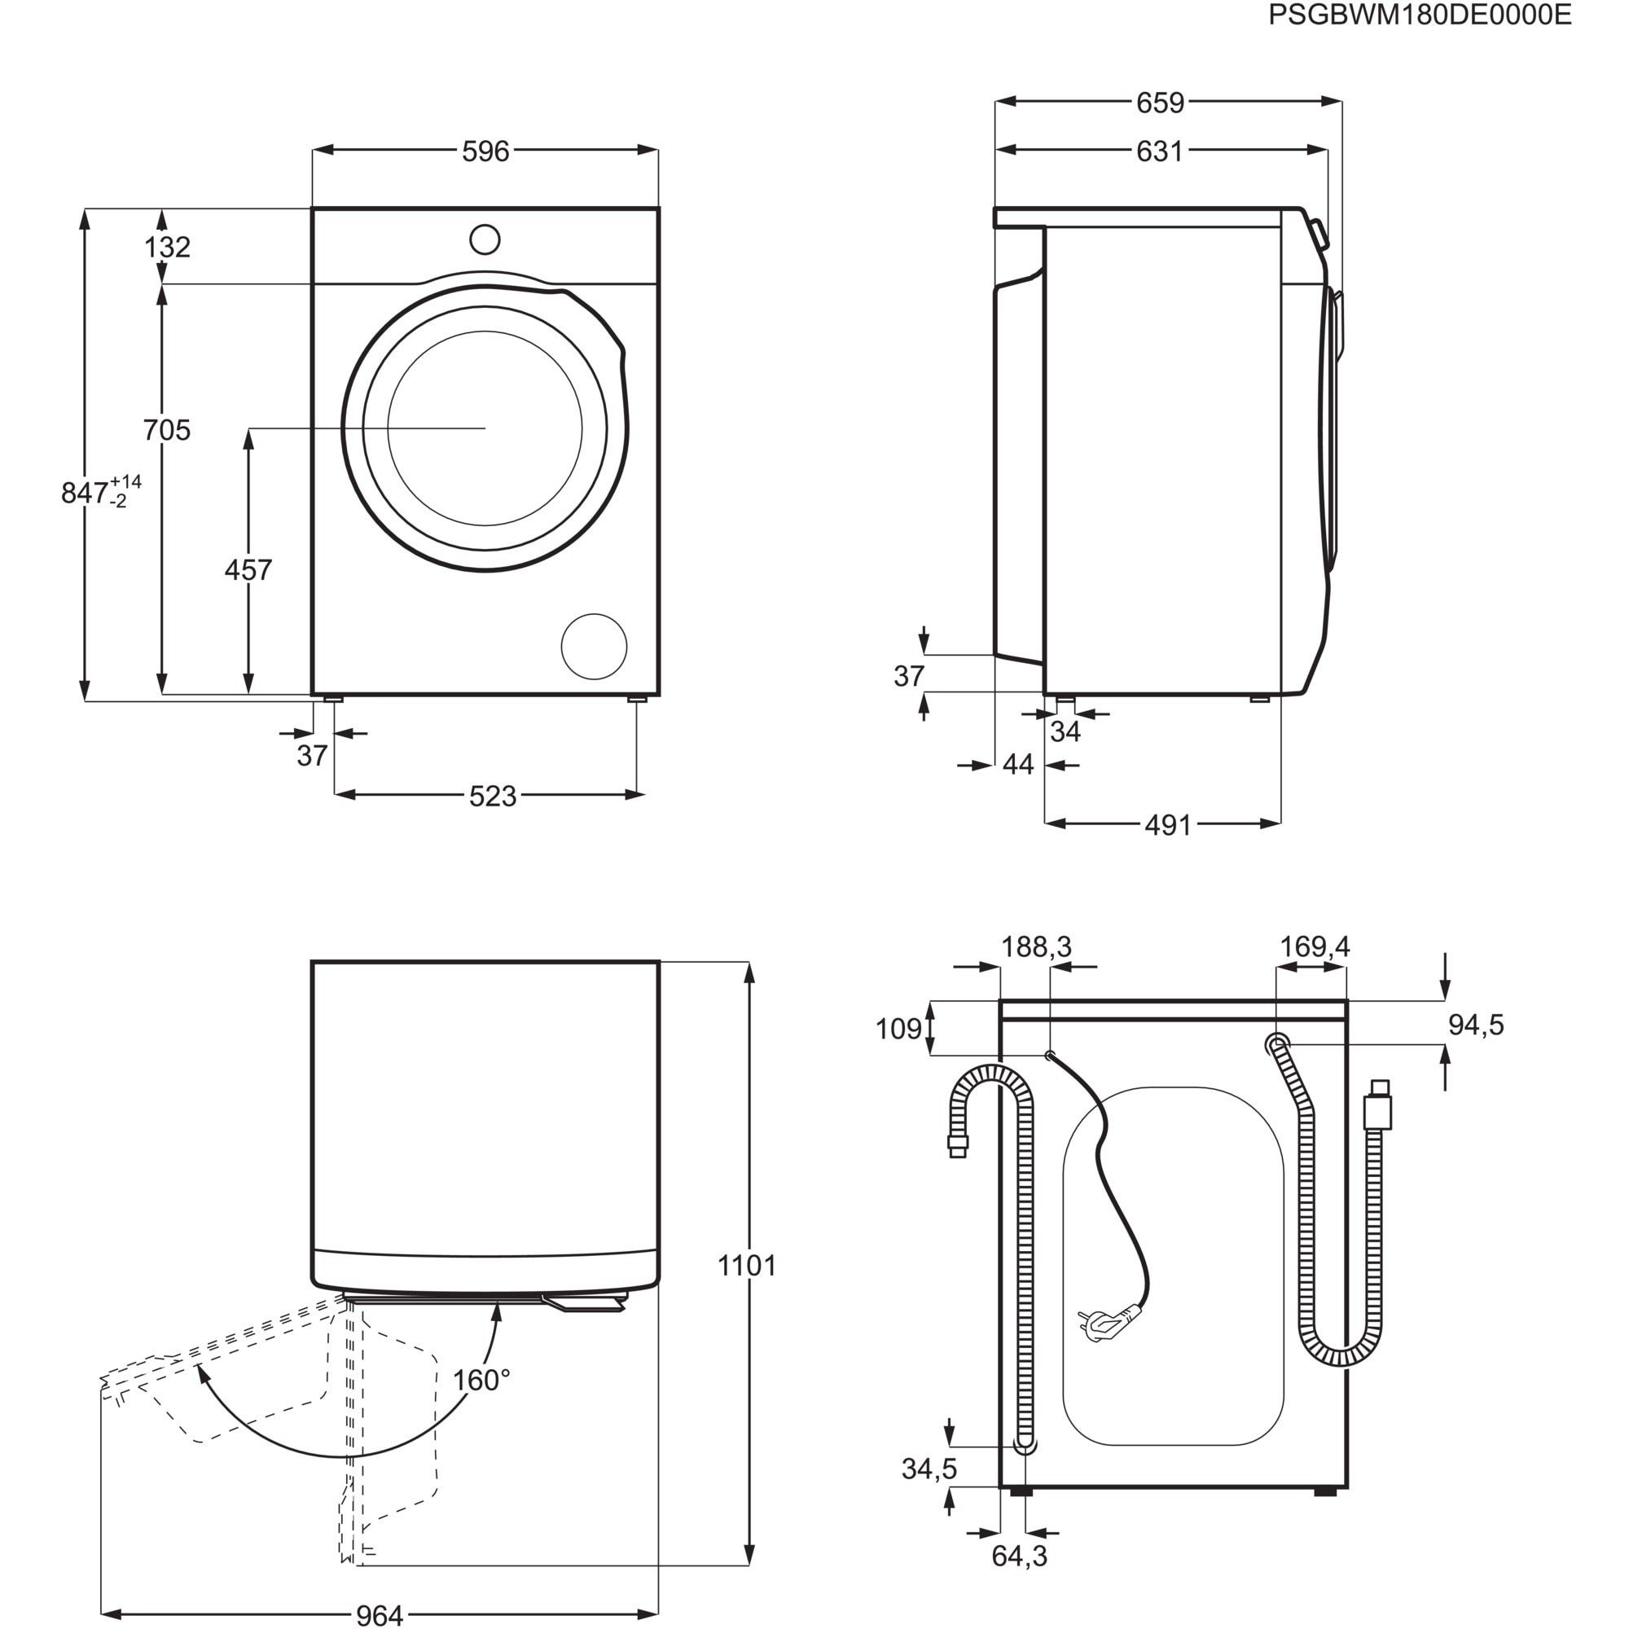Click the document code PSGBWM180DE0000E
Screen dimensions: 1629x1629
coord(1420,15)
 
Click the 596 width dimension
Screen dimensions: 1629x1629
coord(485,151)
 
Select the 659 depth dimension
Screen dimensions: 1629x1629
coord(1160,103)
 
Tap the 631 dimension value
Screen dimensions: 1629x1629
coord(1160,151)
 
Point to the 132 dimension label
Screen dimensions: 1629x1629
coord(167,247)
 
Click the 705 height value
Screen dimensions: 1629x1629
coord(167,430)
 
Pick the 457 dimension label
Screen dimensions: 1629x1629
coord(248,571)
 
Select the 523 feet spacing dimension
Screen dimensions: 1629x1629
coord(493,796)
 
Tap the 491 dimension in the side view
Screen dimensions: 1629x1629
coord(1168,825)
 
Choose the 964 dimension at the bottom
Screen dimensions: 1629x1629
coord(380,1614)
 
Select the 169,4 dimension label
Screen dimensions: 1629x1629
coord(1315,947)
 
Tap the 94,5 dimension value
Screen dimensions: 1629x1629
coord(1476,1025)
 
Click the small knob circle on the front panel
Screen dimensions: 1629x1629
coord(485,239)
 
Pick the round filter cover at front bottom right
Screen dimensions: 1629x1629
coord(595,647)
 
